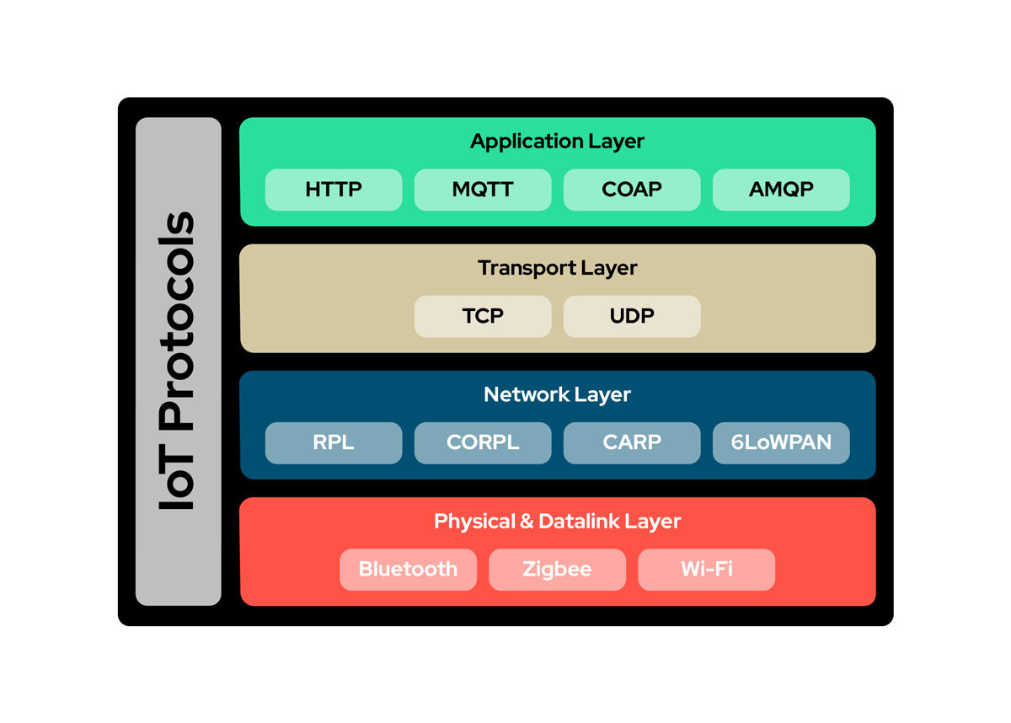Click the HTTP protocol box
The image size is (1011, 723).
[334, 190]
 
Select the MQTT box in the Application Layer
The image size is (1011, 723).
[483, 190]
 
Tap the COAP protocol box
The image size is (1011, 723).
[632, 190]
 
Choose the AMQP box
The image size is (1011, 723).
[781, 190]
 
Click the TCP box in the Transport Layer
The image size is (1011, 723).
[483, 316]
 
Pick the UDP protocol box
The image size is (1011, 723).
[632, 316]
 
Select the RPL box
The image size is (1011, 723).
[334, 442]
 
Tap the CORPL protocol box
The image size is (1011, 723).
[483, 442]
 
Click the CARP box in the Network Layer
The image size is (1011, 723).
[632, 442]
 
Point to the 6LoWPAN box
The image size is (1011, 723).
[781, 442]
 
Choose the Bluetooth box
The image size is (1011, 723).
[409, 570]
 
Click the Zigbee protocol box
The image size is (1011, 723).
[557, 570]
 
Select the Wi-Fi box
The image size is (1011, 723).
[706, 570]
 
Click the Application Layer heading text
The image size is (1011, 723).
[557, 142]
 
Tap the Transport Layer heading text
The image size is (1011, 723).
[557, 268]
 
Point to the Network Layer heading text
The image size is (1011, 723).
[557, 394]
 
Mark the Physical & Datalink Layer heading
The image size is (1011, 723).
[557, 522]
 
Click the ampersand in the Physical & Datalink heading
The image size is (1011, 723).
[527, 522]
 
